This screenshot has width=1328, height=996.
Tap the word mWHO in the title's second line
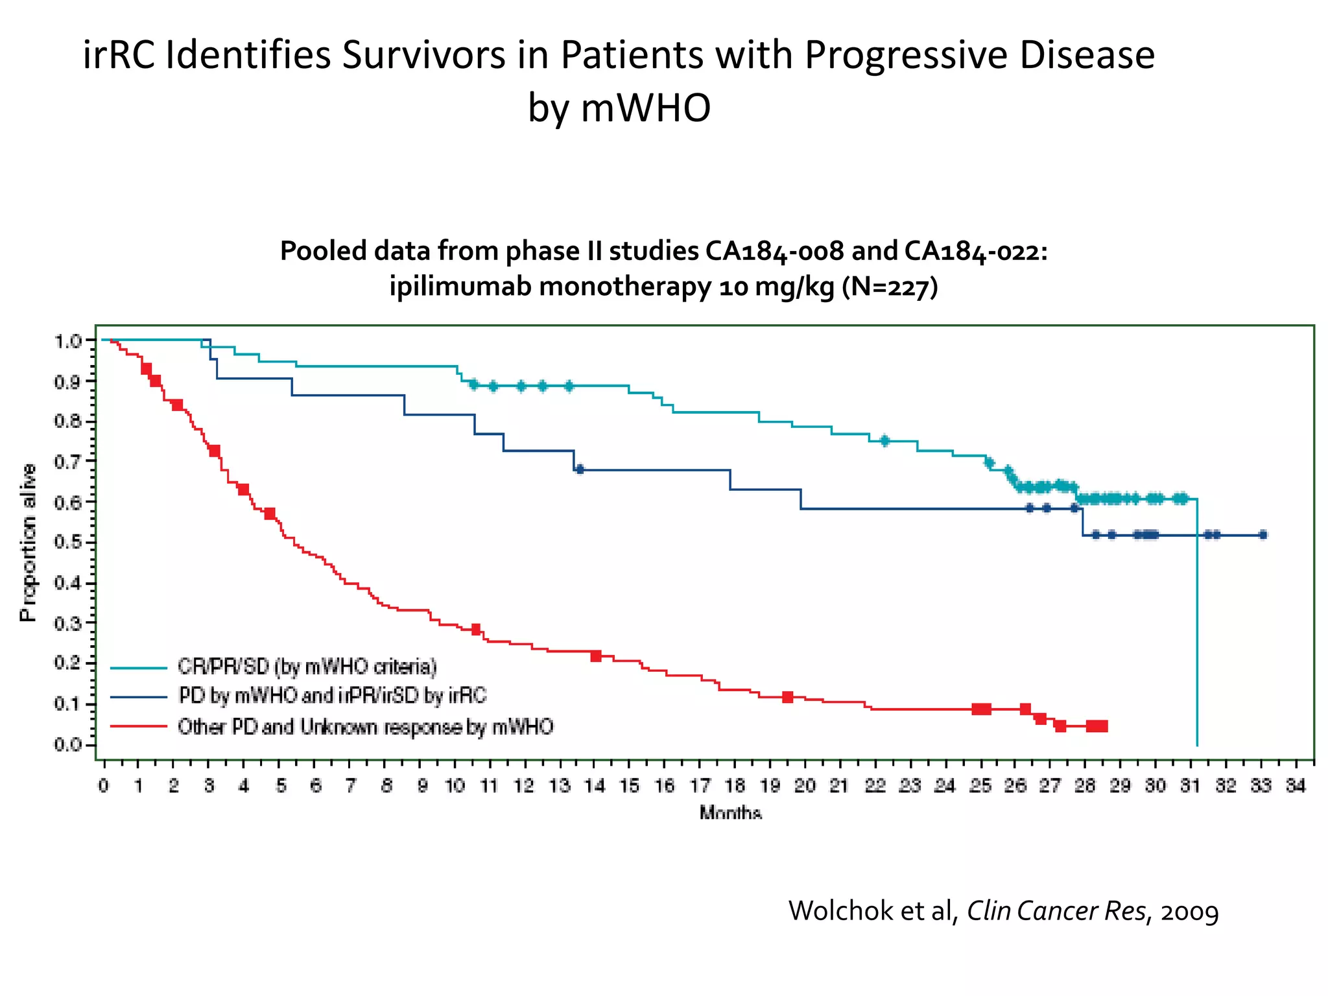click(x=646, y=108)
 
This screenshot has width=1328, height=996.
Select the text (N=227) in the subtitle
click(x=890, y=286)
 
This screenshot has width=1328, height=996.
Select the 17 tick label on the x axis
click(x=700, y=786)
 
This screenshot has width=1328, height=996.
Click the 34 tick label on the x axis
click(x=1296, y=786)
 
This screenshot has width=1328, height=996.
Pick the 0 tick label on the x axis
click(x=104, y=786)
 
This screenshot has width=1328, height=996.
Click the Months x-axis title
click(x=730, y=812)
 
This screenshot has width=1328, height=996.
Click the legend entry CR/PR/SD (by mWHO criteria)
click(x=307, y=667)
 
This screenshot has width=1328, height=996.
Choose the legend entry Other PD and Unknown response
click(x=365, y=727)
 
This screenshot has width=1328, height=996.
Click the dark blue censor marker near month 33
click(x=1263, y=535)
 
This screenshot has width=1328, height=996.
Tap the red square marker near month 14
click(x=596, y=656)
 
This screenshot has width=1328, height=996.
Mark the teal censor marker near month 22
click(x=884, y=441)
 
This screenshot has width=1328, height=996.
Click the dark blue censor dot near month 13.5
click(x=580, y=469)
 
